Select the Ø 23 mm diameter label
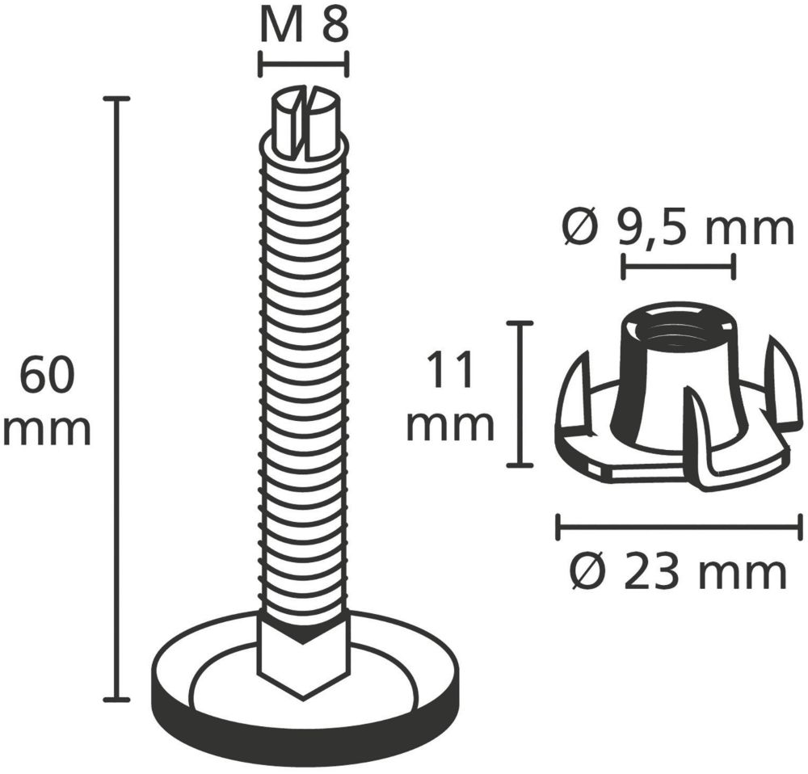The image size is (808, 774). tap(680, 571)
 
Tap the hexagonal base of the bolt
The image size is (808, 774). tap(304, 652)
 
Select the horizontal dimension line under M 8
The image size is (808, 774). tap(305, 65)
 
